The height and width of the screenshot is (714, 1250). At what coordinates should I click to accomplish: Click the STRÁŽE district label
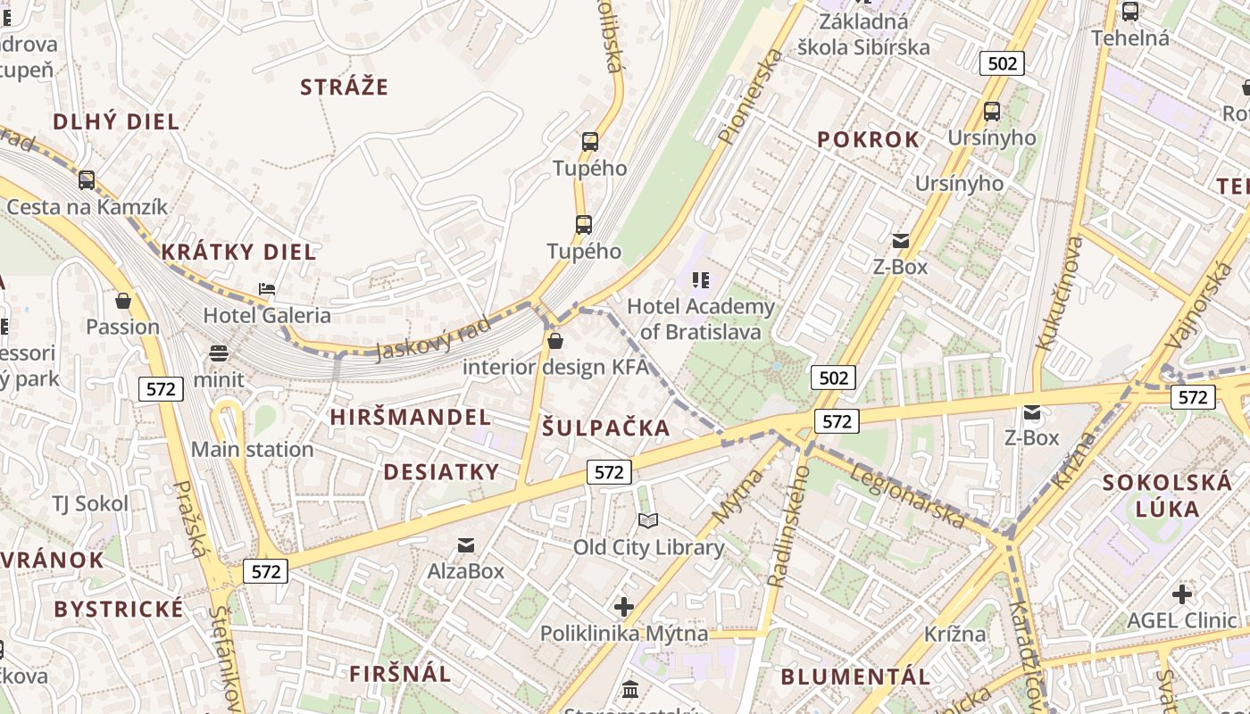tap(344, 87)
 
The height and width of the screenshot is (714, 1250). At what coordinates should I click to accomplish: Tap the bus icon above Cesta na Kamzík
tap(87, 180)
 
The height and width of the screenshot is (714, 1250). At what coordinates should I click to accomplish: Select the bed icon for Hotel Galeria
tap(266, 288)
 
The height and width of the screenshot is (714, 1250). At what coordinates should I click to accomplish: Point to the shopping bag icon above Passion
tap(123, 301)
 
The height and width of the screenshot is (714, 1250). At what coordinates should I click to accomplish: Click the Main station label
tap(252, 449)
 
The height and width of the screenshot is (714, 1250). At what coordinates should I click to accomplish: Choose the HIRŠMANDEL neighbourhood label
tap(410, 417)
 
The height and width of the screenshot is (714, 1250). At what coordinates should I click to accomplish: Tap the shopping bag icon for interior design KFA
tap(555, 341)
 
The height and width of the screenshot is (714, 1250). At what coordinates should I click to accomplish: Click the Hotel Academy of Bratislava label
tap(701, 320)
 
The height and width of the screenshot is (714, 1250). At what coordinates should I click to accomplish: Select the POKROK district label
tap(868, 139)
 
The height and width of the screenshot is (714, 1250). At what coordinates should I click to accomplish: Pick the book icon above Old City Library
tap(648, 520)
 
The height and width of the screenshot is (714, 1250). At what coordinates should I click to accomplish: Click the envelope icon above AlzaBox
tap(465, 544)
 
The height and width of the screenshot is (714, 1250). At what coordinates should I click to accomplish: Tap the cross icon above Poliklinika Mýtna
tap(624, 608)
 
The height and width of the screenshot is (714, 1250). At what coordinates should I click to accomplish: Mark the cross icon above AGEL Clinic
tap(1182, 594)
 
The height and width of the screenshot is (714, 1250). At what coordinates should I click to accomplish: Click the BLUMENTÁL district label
tap(856, 677)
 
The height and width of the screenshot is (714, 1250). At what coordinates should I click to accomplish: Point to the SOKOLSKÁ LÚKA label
tap(1167, 496)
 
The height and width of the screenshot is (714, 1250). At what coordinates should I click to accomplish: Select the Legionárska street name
tap(905, 495)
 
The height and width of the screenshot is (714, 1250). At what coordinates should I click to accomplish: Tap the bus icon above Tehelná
tap(1130, 12)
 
